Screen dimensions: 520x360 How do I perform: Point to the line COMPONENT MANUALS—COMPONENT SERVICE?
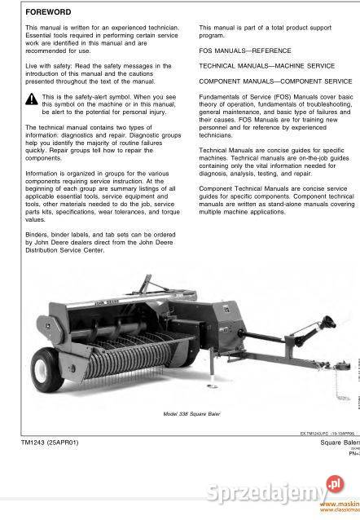coord(275,82)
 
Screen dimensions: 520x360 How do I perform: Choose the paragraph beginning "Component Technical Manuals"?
coord(276,200)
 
